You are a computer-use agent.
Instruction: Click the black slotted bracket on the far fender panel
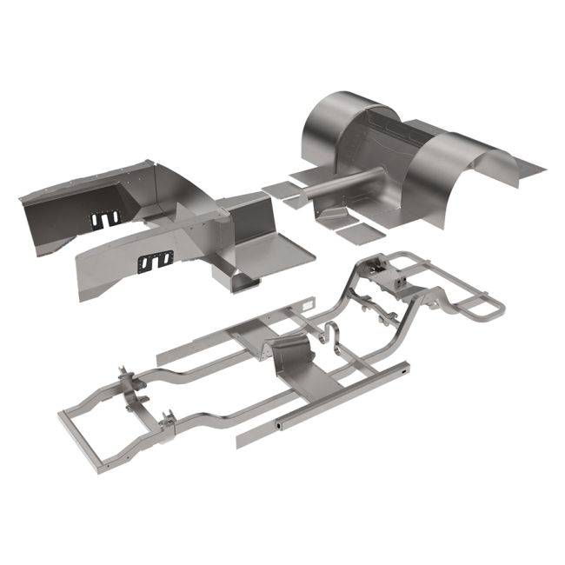105,220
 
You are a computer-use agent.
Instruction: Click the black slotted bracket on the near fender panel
156,260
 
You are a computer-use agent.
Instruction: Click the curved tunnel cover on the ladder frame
292,356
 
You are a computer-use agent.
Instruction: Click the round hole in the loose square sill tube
279,427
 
